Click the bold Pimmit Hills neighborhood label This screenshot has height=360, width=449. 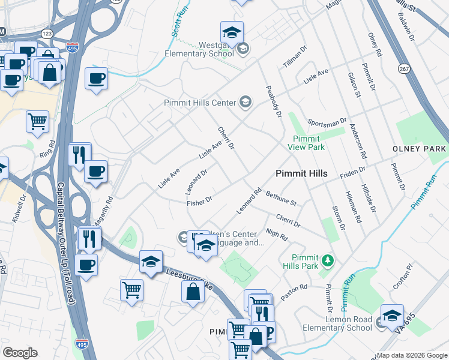pyautogui.click(x=301, y=173)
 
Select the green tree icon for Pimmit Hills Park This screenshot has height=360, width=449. pyautogui.click(x=327, y=260)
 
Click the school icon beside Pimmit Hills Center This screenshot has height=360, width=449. pyautogui.click(x=244, y=103)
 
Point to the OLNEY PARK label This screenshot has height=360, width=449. pyautogui.click(x=420, y=149)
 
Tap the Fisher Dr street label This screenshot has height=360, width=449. pyautogui.click(x=199, y=202)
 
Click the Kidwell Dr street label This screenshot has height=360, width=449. pyautogui.click(x=19, y=208)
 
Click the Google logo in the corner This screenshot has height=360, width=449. pyautogui.click(x=19, y=353)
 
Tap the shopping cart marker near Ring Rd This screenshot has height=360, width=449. pyautogui.click(x=37, y=122)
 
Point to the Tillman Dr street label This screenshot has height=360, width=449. pyautogui.click(x=295, y=56)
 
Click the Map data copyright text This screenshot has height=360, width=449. pyautogui.click(x=411, y=355)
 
